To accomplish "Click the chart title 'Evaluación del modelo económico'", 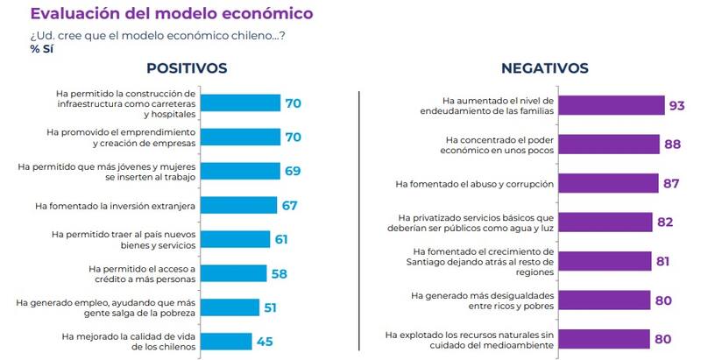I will pos(171,14).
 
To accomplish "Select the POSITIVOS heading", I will pos(187,67).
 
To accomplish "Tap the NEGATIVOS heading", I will pos(544,68).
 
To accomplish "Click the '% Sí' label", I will pos(42,48).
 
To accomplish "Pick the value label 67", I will pos(289,206).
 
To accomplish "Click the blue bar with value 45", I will pos(232,341).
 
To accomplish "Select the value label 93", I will pos(676,106).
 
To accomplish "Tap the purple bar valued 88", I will pos(609,145).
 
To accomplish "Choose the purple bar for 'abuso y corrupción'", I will pos(608,183).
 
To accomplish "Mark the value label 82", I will pos(665,222).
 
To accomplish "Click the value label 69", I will pos(292,172).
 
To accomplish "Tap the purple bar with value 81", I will pos(605,261).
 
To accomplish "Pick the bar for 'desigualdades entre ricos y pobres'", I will pos(605,300).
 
